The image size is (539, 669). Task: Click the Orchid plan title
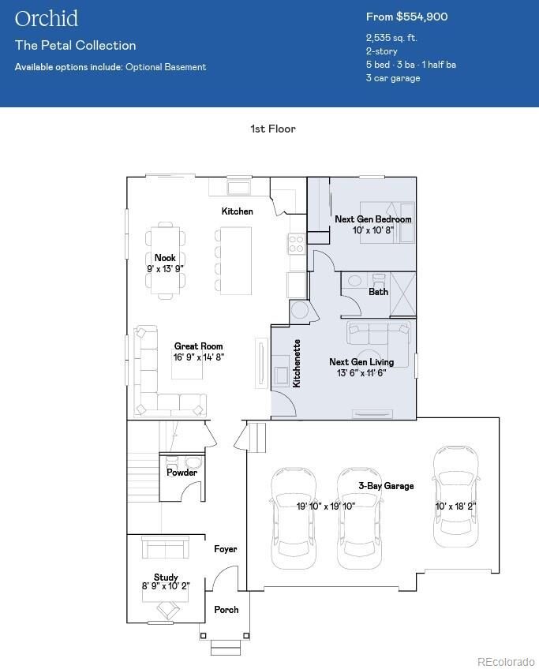point(47,19)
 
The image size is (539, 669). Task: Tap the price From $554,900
point(406,17)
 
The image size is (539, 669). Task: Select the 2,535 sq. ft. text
point(391,38)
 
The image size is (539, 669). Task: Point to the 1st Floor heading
point(273,129)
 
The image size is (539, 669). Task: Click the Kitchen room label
point(238,211)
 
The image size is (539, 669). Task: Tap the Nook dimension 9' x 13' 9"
point(165,269)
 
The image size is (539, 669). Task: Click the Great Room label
point(198,346)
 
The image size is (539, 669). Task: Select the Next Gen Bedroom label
point(373,219)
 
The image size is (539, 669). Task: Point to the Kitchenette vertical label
point(297,363)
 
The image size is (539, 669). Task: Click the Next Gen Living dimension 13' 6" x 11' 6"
point(361,373)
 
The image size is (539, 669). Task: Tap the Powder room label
point(182,473)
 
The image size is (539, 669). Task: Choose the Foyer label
point(226,549)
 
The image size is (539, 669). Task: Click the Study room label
point(166,577)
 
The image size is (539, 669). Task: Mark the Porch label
point(226,610)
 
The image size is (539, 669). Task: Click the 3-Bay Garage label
point(386,485)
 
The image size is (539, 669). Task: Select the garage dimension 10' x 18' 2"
point(455,506)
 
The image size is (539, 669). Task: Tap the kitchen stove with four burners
point(297,244)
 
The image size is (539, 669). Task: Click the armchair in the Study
point(167,609)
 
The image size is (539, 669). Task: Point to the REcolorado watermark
point(506,662)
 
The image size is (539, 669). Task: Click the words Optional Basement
point(166,67)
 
